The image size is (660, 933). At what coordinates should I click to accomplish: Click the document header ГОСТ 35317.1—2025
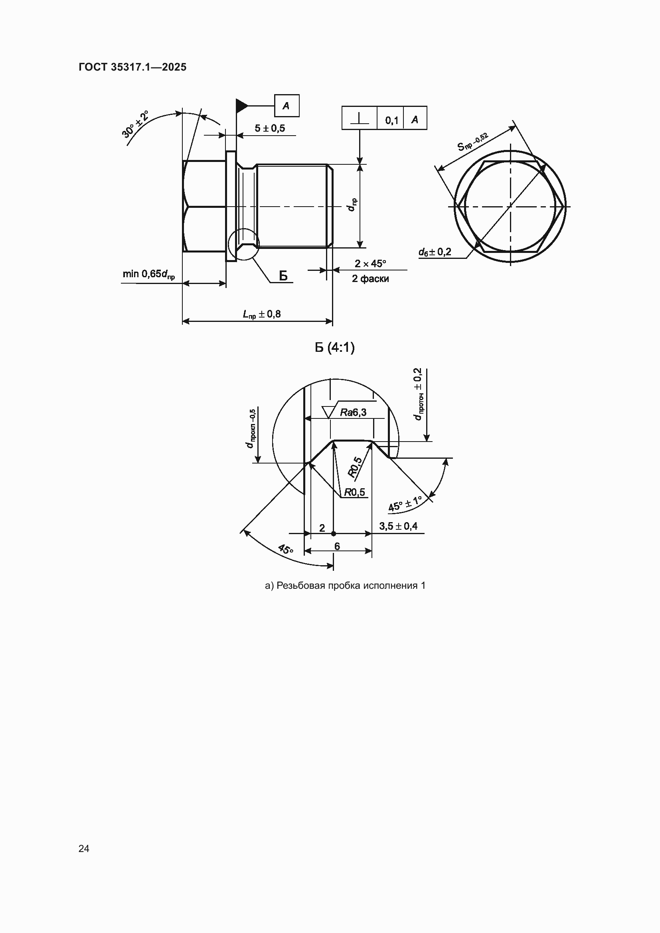132,67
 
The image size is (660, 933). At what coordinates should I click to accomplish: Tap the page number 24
84,848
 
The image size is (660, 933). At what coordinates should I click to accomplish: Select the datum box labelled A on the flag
287,106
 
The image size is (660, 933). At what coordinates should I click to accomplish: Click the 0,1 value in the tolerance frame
392,120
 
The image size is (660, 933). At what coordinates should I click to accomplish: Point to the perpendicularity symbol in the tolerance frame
359,118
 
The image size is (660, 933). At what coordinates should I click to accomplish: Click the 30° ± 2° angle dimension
135,124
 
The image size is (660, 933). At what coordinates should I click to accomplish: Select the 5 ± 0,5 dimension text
270,128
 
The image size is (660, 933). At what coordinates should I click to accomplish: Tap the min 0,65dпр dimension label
149,274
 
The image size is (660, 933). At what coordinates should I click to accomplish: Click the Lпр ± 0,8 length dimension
262,314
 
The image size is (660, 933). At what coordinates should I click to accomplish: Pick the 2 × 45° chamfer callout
370,264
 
